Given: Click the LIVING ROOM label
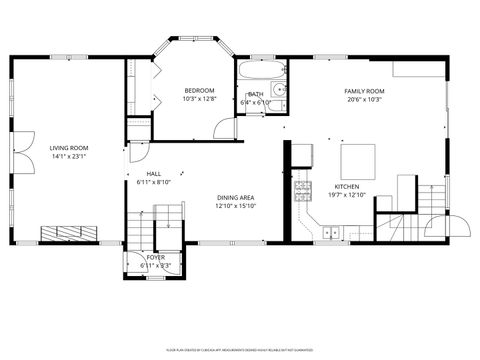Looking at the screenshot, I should tap(69, 148).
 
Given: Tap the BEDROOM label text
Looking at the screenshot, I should tap(199, 91).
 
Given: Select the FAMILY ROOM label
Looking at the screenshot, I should tap(365, 91).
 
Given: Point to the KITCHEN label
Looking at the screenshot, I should tap(347, 186).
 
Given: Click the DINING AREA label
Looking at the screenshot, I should tap(235, 198).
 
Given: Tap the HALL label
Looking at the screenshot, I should tap(153, 173).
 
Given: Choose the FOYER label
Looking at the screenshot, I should tap(155, 257).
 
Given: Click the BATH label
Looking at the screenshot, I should tap(256, 95).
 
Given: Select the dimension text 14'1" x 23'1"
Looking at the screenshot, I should tap(69, 156).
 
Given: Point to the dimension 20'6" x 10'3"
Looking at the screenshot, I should tap(365, 99).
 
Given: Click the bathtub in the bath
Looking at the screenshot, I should tap(257, 72).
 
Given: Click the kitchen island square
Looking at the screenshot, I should tap(359, 160).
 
